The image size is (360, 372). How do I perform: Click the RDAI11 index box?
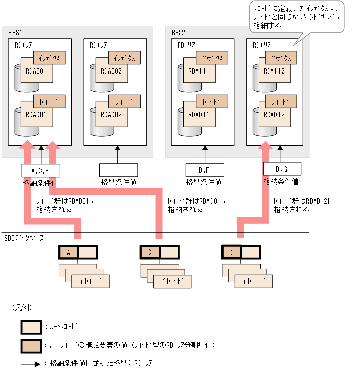201,71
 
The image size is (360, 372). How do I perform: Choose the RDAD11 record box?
201,115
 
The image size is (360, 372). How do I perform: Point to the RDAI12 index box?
276,71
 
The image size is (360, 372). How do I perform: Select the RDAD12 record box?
276,115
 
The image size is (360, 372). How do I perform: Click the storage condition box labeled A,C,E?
40,171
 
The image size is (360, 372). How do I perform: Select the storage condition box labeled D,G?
281,169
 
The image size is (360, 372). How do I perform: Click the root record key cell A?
68,252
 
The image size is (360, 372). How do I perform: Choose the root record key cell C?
150,252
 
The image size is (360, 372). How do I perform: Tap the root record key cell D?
231,252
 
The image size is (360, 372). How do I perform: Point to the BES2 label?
179,33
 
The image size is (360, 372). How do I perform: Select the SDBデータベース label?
24,238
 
